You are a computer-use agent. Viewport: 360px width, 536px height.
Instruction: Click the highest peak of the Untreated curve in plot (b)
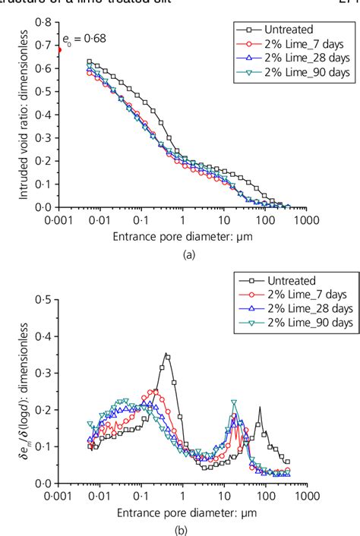click(166, 355)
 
